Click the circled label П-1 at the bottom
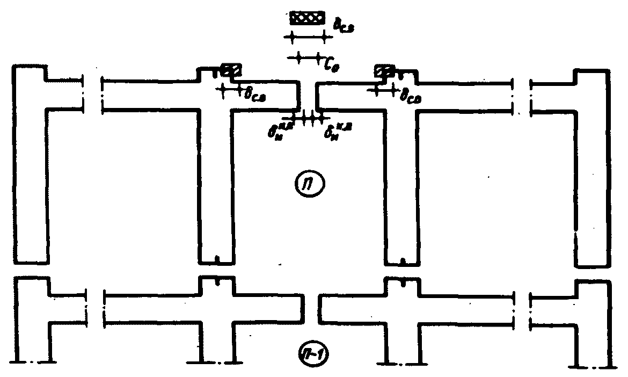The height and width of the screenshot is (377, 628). coord(312,354)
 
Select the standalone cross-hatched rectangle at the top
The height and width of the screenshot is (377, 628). coord(307,18)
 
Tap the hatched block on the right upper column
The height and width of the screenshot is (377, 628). coord(385,70)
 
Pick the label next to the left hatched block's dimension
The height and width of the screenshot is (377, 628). coord(256,95)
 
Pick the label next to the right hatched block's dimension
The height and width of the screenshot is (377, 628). coord(412,94)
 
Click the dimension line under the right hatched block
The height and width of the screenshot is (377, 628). coord(384,90)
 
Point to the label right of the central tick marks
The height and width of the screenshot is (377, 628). coord(334,130)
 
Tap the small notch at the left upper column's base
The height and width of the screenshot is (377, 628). coord(216,260)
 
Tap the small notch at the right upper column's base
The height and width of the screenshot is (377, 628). coord(402,262)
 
